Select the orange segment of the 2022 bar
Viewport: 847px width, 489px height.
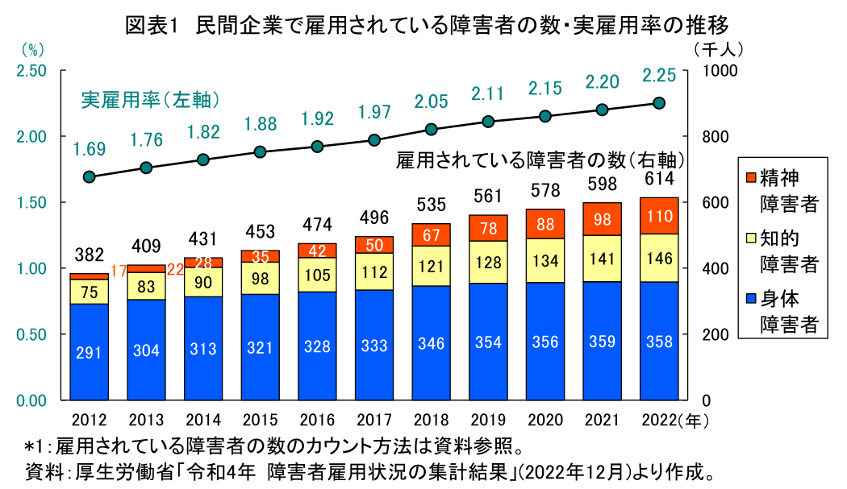point(659,215)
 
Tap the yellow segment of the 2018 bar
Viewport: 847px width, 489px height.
point(431,266)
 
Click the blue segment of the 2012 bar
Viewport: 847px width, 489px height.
point(89,351)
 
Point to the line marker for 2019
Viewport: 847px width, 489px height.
point(488,122)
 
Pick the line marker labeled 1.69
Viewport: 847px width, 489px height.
point(89,177)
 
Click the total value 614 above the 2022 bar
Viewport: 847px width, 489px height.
point(659,179)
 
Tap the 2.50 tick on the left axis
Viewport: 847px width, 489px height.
point(30,71)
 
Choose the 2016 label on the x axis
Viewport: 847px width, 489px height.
point(317,421)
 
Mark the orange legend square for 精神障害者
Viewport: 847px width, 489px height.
point(748,176)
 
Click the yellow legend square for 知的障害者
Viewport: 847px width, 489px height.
point(748,238)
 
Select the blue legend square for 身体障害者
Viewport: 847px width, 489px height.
point(748,300)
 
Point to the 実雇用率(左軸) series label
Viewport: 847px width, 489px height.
point(151,101)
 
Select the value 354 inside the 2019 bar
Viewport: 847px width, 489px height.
point(488,342)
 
